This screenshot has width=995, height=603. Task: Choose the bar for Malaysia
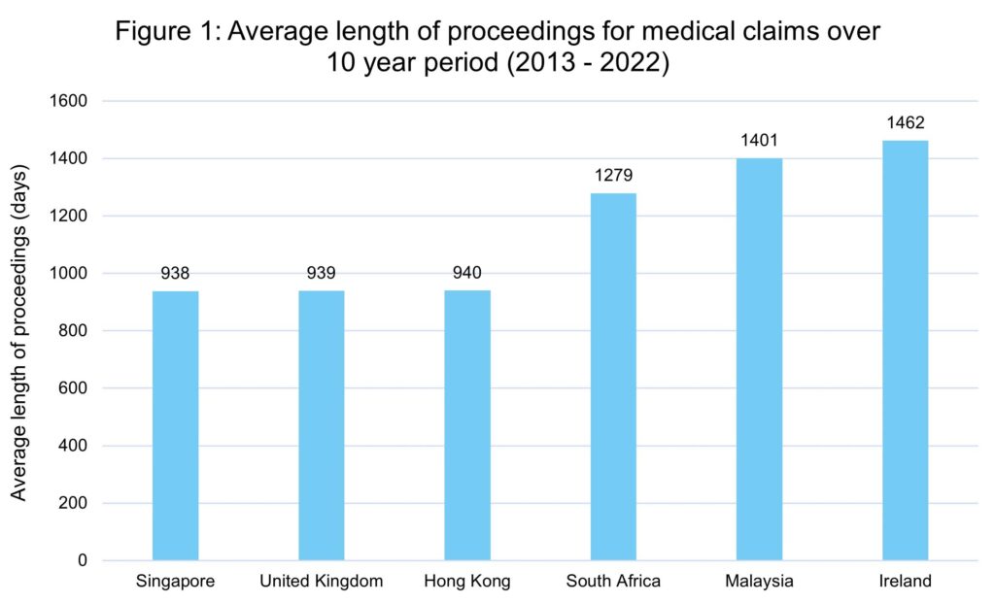[x=759, y=359]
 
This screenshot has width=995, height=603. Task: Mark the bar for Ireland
[x=905, y=351]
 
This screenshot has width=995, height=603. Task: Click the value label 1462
[x=905, y=123]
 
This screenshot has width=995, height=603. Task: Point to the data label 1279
[x=613, y=176]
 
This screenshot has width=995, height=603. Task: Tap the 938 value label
[x=176, y=274]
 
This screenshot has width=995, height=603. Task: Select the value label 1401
[x=759, y=141]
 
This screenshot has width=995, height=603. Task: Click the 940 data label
[x=467, y=273]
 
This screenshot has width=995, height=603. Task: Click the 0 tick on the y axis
[x=82, y=560]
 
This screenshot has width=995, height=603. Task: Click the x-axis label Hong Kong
[x=467, y=582]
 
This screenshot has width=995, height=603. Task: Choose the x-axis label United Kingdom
[x=322, y=582]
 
